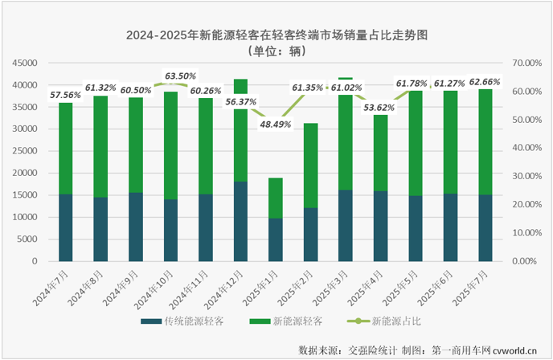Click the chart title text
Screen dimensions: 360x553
276,36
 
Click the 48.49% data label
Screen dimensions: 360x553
274,124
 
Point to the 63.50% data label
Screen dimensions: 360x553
180,76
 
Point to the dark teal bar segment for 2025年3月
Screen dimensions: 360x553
346,225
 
